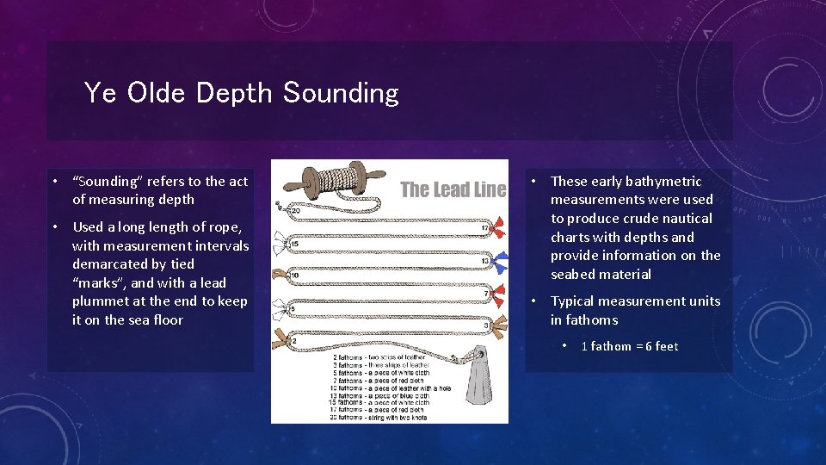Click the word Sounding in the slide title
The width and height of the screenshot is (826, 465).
point(341,93)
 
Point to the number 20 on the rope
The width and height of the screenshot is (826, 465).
point(295,211)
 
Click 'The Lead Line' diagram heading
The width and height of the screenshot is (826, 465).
point(453,189)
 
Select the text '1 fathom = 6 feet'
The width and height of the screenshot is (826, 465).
point(630,346)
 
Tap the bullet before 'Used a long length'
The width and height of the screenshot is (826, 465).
point(54,227)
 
